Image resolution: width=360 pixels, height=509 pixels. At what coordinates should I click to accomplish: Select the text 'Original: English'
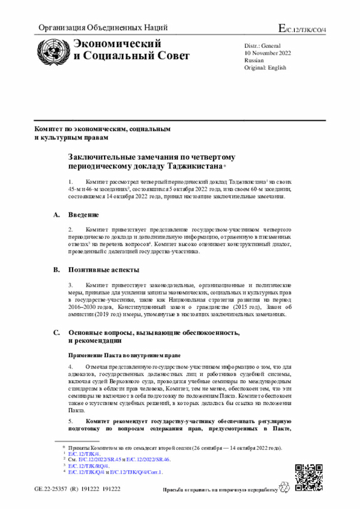click(265, 67)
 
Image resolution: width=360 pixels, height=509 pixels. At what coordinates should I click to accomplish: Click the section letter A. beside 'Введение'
click(56, 215)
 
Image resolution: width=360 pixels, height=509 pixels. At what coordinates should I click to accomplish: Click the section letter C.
click(56, 332)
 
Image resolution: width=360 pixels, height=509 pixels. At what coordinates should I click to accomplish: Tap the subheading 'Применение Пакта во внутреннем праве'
click(124, 355)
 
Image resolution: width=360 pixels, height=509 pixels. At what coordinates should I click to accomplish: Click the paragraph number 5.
click(70, 420)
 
